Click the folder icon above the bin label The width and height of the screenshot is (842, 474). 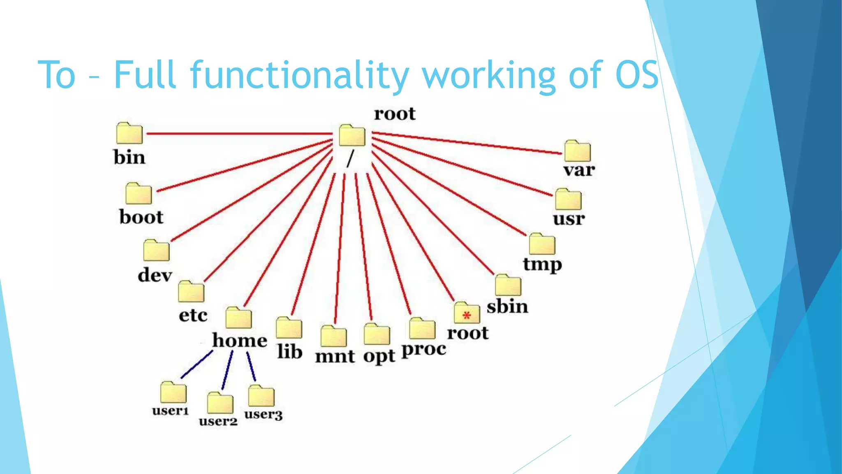[x=129, y=133]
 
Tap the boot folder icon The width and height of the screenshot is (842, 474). [x=139, y=193]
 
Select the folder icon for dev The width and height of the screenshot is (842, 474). [x=156, y=250]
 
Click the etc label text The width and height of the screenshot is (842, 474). [x=193, y=316]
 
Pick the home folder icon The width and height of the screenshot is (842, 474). [x=238, y=318]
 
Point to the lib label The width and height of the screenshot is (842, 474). [x=290, y=352]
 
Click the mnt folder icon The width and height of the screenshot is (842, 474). [x=333, y=337]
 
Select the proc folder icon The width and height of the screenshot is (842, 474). [x=422, y=329]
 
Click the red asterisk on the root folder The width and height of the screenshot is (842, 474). [x=466, y=316]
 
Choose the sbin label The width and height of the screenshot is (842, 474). [x=507, y=307]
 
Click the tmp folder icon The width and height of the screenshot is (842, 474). [x=542, y=244]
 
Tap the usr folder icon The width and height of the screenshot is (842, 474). [x=568, y=200]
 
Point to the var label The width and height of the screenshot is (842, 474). [x=579, y=170]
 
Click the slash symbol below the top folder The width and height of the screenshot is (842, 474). [x=350, y=158]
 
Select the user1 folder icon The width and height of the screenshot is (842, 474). [x=173, y=392]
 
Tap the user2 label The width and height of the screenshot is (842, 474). [x=218, y=421]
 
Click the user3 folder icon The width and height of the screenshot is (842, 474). [x=261, y=396]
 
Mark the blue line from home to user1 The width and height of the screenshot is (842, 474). [x=197, y=365]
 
